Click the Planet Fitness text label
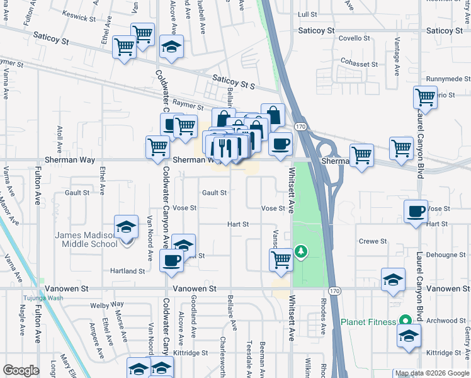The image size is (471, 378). pos(368,321)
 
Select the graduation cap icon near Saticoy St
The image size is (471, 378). pos(171,47)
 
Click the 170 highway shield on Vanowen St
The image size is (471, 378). pos(334,290)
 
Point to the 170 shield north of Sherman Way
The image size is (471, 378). pos(301,127)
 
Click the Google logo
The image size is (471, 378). pos(21,370)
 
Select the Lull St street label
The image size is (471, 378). pos(307,13)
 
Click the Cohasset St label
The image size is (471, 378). pos(358,64)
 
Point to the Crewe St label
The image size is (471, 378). pos(372,241)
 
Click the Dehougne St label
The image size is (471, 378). pos(445,255)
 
